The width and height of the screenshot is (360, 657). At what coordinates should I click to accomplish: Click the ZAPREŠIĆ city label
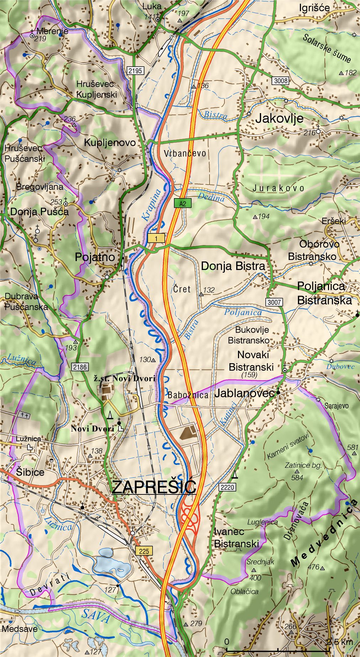[154, 487]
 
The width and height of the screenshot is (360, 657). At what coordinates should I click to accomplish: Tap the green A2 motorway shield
[182, 203]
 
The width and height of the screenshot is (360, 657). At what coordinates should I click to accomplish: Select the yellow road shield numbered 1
[156, 238]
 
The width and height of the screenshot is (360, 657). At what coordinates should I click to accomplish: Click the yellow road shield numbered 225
[144, 551]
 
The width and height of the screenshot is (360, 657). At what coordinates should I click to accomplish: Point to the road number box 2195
[135, 70]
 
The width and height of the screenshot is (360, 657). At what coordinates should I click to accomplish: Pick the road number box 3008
[280, 80]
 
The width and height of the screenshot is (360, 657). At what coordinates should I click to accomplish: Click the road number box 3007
[274, 302]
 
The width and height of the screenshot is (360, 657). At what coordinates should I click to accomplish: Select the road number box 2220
[227, 487]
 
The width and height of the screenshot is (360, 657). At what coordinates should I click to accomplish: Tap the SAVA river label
[95, 616]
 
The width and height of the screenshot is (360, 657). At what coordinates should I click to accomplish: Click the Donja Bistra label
[233, 266]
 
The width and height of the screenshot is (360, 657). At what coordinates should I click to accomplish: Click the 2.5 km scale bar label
[339, 642]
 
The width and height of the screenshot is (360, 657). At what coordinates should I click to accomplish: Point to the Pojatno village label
[95, 257]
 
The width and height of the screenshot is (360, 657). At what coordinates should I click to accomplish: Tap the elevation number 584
[297, 477]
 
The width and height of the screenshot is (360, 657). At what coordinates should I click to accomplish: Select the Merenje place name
[52, 31]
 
